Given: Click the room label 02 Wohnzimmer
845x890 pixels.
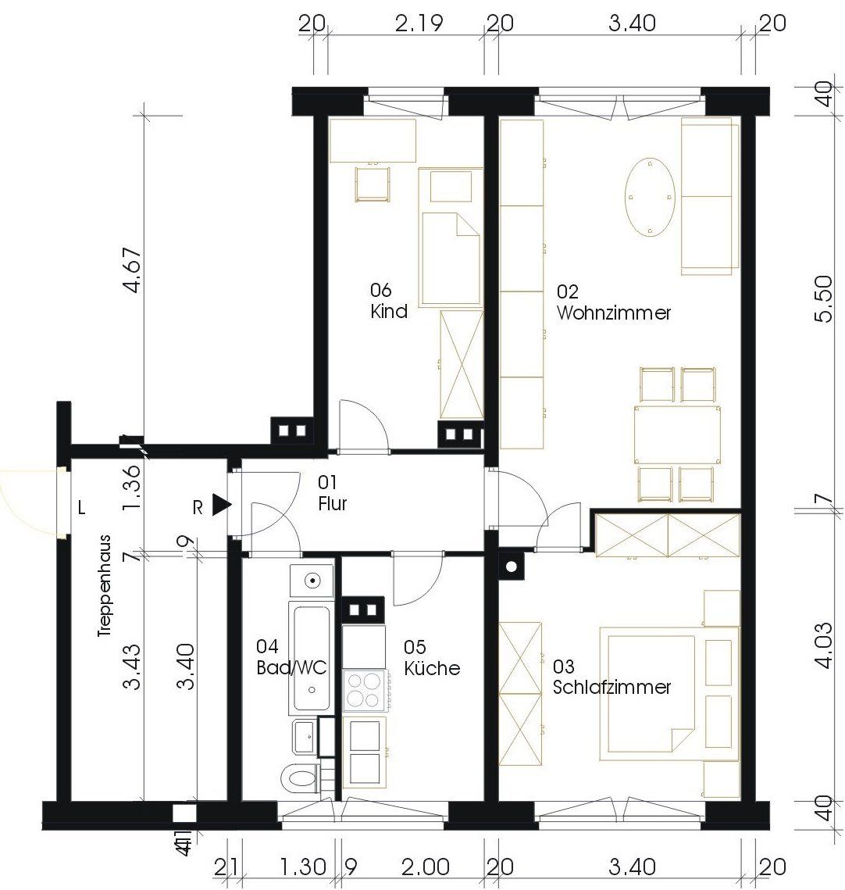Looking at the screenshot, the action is [614, 302].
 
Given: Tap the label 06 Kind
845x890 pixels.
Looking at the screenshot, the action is [389, 301].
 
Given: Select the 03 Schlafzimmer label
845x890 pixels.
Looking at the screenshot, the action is [612, 677].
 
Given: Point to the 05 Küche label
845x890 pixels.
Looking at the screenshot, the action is [432, 658].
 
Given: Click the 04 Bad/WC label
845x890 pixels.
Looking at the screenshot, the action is [291, 657].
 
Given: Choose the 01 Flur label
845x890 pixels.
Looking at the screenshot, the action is [333, 493].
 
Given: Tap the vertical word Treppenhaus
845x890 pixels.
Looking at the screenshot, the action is [105, 585].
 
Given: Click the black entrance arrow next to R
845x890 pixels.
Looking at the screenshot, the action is [222, 505].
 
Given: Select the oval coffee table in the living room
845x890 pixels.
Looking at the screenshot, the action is [650, 197].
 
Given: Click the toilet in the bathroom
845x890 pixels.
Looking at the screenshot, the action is [301, 778].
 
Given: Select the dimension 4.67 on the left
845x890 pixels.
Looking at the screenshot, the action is [131, 270].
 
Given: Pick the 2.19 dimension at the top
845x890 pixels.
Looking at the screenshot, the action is [419, 23].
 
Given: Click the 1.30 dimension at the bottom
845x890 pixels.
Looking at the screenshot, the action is [303, 867].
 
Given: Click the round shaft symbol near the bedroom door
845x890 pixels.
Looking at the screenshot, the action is [511, 567].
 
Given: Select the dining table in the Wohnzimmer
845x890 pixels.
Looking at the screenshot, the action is [677, 434].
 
